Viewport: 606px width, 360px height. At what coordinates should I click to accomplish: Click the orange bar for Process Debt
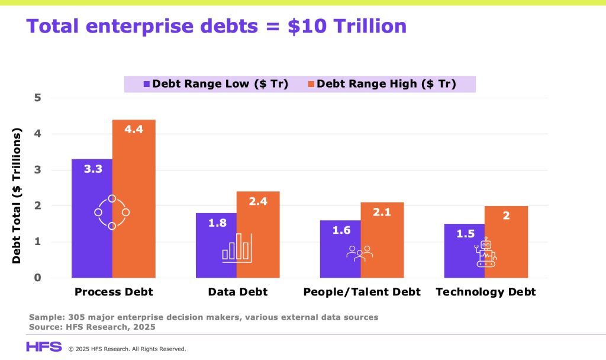pyautogui.click(x=134, y=198)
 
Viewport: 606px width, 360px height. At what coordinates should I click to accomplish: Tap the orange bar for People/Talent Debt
pyautogui.click(x=382, y=240)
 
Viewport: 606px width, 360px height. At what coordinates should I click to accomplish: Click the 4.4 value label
pyautogui.click(x=134, y=128)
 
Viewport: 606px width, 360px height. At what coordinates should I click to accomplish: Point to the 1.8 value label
pyautogui.click(x=217, y=223)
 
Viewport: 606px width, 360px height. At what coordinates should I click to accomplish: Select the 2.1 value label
pyautogui.click(x=382, y=212)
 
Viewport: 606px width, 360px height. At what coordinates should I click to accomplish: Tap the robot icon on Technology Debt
pyautogui.click(x=486, y=253)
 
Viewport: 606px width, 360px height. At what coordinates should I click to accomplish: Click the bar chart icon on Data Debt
pyautogui.click(x=236, y=248)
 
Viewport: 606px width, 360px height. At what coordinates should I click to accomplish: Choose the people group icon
pyautogui.click(x=359, y=253)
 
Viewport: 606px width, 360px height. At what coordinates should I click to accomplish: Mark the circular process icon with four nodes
pyautogui.click(x=112, y=212)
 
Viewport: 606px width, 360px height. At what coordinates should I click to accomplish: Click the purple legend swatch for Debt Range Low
pyautogui.click(x=147, y=84)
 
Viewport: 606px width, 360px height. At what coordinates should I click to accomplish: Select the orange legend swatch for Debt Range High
pyautogui.click(x=311, y=84)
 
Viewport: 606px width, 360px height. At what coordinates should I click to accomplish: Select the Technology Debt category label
pyautogui.click(x=485, y=292)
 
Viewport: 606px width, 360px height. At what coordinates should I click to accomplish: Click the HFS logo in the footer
pyautogui.click(x=43, y=347)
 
